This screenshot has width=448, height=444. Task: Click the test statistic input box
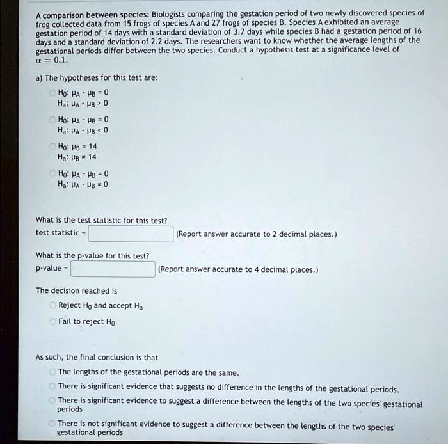coord(131,234)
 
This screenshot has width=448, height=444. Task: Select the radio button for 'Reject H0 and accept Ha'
coord(53,305)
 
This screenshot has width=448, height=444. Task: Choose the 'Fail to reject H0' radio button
coord(53,321)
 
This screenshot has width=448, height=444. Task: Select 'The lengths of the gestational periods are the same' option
coord(53,372)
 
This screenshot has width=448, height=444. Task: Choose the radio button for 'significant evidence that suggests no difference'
coord(53,386)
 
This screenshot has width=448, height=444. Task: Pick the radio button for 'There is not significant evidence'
coord(53,424)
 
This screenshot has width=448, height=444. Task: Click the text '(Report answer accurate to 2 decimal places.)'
coord(256,234)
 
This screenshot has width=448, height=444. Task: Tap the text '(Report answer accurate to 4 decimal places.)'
coord(238,269)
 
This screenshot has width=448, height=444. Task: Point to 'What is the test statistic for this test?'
coord(101,221)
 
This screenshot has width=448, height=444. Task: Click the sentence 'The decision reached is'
coord(77,290)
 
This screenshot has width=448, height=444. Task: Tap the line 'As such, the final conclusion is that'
coord(97,357)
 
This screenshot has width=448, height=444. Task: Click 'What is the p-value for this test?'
coord(93,256)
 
